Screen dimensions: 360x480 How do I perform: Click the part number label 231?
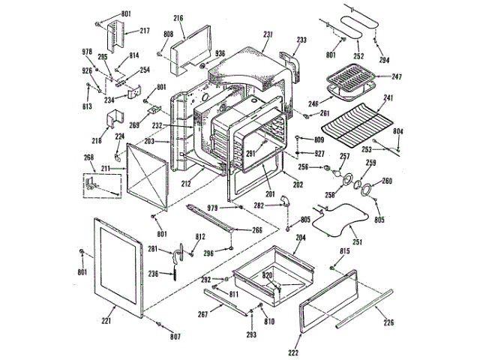pyautogui.click(x=267, y=34)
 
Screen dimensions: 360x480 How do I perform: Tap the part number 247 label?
pyautogui.click(x=397, y=76)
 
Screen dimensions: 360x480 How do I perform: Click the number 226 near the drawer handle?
pyautogui.click(x=388, y=323)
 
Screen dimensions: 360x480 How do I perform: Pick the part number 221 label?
pyautogui.click(x=106, y=321)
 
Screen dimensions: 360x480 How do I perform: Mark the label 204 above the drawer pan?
pyautogui.click(x=301, y=237)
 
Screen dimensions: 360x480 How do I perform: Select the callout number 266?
pyautogui.click(x=256, y=230)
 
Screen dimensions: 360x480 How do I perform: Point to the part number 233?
pyautogui.click(x=301, y=40)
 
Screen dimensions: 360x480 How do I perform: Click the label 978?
pyautogui.click(x=86, y=51)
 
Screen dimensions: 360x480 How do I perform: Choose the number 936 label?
pyautogui.click(x=220, y=53)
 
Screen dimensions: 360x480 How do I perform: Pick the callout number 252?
pyautogui.click(x=358, y=55)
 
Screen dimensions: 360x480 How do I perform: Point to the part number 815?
pyautogui.click(x=345, y=251)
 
